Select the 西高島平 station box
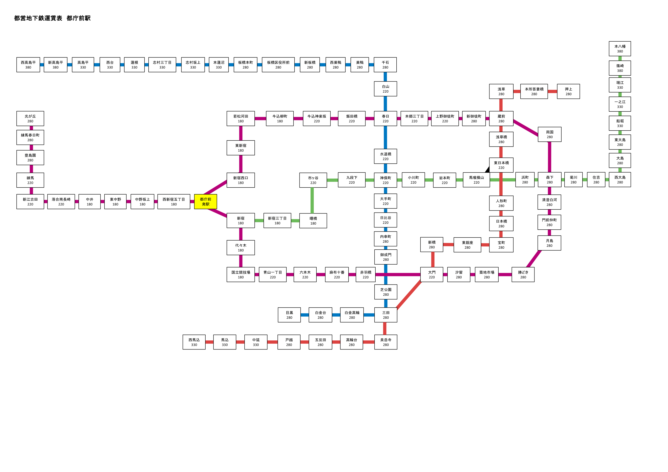(x=28, y=65)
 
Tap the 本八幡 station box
(x=620, y=49)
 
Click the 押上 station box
(x=568, y=91)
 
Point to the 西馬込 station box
(x=194, y=342)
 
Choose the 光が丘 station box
(x=30, y=118)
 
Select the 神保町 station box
(x=385, y=180)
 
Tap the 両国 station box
(x=550, y=134)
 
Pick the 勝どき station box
(x=523, y=274)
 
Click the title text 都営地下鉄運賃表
(x=38, y=18)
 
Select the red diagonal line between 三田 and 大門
(x=409, y=295)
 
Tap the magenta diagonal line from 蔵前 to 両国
(x=525, y=128)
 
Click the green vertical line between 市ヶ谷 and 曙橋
(x=312, y=200)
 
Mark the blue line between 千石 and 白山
(x=385, y=77)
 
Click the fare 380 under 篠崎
(x=620, y=71)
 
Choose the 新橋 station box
(x=432, y=245)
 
